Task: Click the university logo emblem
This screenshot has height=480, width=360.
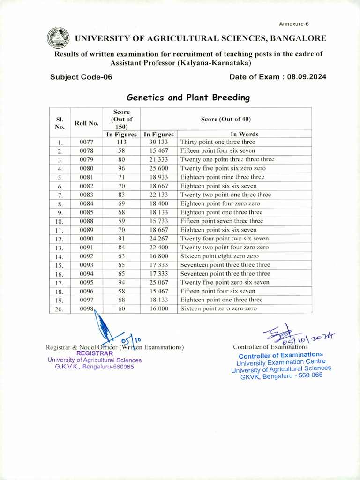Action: tap(58, 38)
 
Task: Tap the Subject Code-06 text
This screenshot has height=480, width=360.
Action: tap(81, 77)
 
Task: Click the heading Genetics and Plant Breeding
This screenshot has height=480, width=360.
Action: tap(188, 97)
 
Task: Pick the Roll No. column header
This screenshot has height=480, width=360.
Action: tap(87, 123)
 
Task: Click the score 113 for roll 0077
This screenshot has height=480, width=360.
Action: tap(121, 142)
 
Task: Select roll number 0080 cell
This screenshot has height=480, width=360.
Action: tap(87, 168)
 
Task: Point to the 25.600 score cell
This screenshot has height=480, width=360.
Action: tap(159, 168)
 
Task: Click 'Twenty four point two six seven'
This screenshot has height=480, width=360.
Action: tap(225, 239)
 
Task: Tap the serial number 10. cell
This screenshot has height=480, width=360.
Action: tap(60, 221)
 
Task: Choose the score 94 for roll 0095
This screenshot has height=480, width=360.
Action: tap(121, 282)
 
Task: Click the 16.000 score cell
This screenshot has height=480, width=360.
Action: tap(159, 309)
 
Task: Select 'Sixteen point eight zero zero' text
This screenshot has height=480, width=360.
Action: tap(219, 256)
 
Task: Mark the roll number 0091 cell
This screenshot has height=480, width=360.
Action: tap(87, 247)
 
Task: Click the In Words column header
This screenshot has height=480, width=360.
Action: tap(244, 134)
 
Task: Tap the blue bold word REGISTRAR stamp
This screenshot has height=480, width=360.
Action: tap(95, 353)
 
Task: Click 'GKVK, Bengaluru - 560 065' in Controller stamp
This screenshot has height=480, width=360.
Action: tap(281, 376)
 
